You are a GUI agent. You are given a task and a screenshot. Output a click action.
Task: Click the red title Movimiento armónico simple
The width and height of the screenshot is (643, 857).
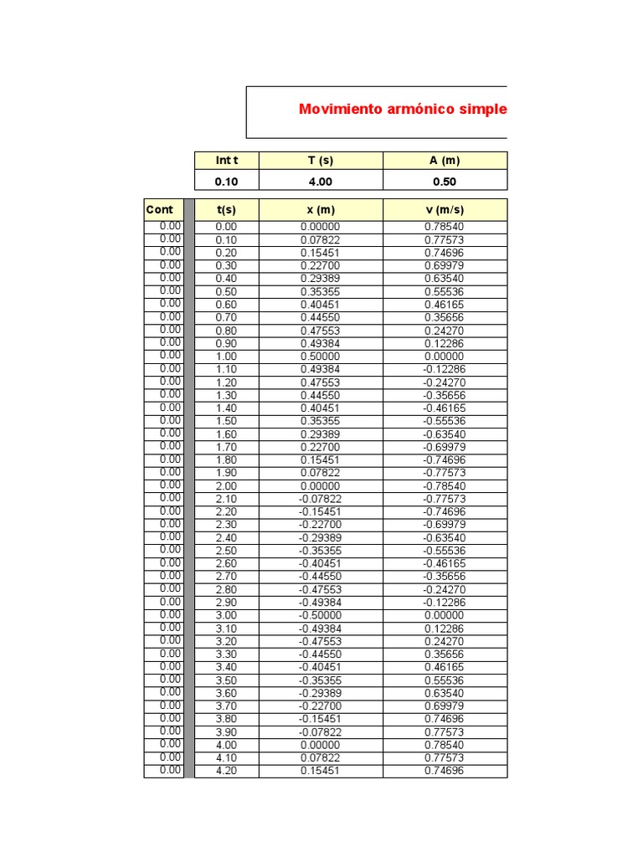click(x=402, y=110)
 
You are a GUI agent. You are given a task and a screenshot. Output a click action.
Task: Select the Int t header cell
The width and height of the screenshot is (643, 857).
click(x=226, y=161)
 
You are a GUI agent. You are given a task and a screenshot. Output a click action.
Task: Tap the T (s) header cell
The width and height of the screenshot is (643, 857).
click(x=321, y=161)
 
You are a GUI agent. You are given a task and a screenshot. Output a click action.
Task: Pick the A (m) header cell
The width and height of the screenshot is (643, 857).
click(x=445, y=161)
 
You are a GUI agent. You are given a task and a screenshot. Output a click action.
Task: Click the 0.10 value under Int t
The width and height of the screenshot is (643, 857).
click(x=226, y=181)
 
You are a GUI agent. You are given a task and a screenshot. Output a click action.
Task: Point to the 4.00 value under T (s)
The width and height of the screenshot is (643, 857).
click(x=321, y=181)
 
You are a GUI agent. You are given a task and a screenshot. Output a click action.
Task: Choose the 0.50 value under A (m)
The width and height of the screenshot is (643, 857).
click(x=445, y=181)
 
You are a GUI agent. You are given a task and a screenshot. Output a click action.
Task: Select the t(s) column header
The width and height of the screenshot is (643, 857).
click(x=226, y=210)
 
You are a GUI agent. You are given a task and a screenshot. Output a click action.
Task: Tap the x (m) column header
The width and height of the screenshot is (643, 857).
click(x=321, y=210)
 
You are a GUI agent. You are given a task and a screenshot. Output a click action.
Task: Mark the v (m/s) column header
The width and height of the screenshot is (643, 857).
click(x=445, y=210)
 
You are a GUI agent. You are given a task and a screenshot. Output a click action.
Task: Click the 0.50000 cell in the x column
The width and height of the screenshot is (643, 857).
click(x=321, y=356)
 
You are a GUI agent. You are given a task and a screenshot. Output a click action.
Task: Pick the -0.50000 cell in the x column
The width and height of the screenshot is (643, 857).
click(x=321, y=615)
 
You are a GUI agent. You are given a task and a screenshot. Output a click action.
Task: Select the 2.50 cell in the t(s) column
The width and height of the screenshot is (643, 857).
click(x=226, y=551)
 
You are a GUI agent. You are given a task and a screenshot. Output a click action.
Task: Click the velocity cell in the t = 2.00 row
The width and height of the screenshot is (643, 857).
click(x=445, y=485)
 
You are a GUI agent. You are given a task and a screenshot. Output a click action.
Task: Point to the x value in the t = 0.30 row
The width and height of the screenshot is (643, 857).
click(x=321, y=265)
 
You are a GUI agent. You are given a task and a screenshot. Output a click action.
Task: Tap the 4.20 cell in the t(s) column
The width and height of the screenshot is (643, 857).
click(x=226, y=771)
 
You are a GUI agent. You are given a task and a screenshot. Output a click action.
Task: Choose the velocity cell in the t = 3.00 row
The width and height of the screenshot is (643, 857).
click(x=445, y=615)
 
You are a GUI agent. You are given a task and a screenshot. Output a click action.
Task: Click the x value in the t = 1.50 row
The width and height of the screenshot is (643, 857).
click(x=321, y=421)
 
